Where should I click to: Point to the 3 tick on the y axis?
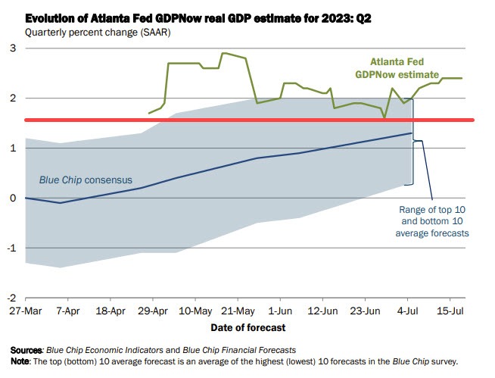pyautogui.click(x=12, y=48)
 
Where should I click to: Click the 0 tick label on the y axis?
pyautogui.click(x=12, y=198)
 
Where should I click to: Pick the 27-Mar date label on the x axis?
pyautogui.click(x=26, y=311)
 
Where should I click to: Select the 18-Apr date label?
pyautogui.click(x=111, y=311)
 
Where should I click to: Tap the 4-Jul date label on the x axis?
pyautogui.click(x=409, y=311)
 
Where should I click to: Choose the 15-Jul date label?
pyautogui.click(x=451, y=311)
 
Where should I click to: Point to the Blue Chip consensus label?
pyautogui.click(x=86, y=180)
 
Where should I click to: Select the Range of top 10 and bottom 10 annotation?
pyautogui.click(x=432, y=221)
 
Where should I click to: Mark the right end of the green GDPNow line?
pyautogui.click(x=462, y=78)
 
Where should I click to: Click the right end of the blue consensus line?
pyautogui.click(x=412, y=133)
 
